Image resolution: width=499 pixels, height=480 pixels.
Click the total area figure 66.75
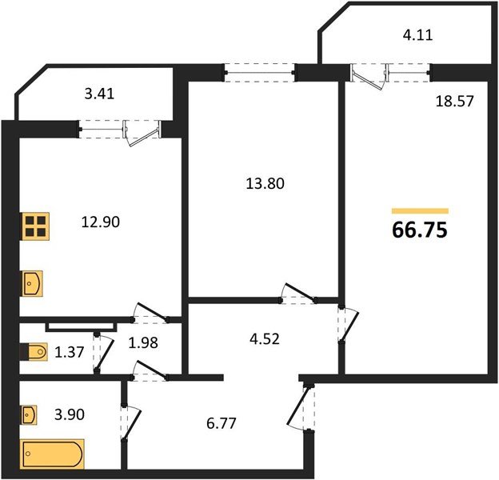point(420,230)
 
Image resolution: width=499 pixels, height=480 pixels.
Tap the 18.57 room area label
point(454,102)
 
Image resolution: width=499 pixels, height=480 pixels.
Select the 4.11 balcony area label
point(417,35)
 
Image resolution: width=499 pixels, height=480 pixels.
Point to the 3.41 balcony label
point(99,94)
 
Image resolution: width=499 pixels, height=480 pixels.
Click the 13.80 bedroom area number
point(265,184)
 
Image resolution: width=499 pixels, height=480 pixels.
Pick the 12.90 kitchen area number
point(101,222)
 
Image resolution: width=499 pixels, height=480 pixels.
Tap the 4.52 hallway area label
point(265,339)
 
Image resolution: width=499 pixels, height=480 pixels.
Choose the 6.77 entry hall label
point(222,424)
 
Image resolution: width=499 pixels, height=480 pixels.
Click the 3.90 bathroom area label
point(70,414)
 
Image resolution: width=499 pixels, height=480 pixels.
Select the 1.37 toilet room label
point(70,352)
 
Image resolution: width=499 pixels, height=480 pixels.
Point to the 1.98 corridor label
point(143,343)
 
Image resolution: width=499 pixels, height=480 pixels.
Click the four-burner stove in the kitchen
point(35,226)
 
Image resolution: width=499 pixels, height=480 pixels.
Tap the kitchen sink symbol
point(32,283)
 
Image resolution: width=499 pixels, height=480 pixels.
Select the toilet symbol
point(34,352)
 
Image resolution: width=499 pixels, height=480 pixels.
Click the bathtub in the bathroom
point(53,454)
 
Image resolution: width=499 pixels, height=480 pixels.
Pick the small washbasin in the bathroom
point(29,414)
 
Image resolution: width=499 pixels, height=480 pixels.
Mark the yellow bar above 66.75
point(420,211)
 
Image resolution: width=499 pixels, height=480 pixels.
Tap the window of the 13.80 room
point(260,73)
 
